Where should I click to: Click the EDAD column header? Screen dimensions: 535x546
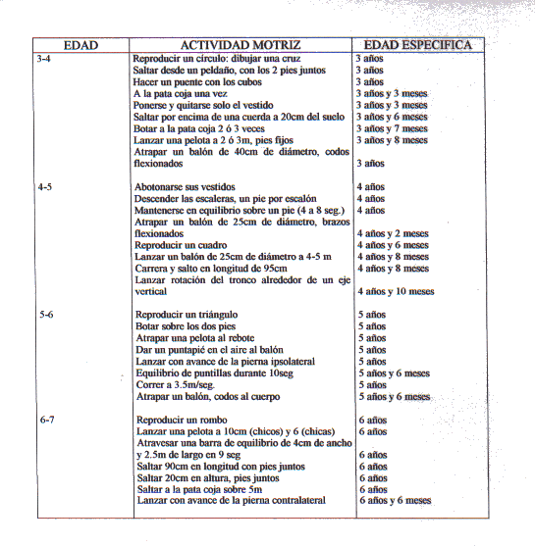[x=80, y=45]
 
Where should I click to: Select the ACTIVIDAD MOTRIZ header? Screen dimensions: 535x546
[x=241, y=45]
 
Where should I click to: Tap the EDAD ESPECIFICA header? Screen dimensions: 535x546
[x=418, y=45]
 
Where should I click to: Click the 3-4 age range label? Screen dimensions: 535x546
[x=43, y=59]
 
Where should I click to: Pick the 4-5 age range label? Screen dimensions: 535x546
[x=45, y=187]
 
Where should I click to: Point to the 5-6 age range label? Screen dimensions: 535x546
[x=46, y=315]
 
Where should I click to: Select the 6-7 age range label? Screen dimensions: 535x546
[x=47, y=420]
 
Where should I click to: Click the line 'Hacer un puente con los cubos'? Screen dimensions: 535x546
[x=197, y=82]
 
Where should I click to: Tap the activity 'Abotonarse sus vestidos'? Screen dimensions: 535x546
[x=185, y=187]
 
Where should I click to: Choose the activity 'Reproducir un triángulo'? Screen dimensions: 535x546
[x=187, y=315]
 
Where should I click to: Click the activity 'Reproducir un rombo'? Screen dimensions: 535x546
[x=182, y=420]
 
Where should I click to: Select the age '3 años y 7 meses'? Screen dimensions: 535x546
[x=392, y=128]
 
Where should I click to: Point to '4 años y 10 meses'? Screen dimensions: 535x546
[x=396, y=291]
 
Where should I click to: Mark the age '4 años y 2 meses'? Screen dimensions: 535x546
[x=393, y=233]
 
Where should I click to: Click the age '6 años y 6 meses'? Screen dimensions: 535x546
[x=396, y=501]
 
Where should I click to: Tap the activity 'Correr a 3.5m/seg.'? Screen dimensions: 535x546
[x=176, y=385]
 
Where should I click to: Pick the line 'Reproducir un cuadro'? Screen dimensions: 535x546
[x=181, y=245]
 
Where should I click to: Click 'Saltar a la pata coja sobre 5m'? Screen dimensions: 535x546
[x=199, y=489]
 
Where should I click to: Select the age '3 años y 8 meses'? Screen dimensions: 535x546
[x=392, y=140]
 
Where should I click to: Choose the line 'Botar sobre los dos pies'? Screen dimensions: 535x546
[x=186, y=326]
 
